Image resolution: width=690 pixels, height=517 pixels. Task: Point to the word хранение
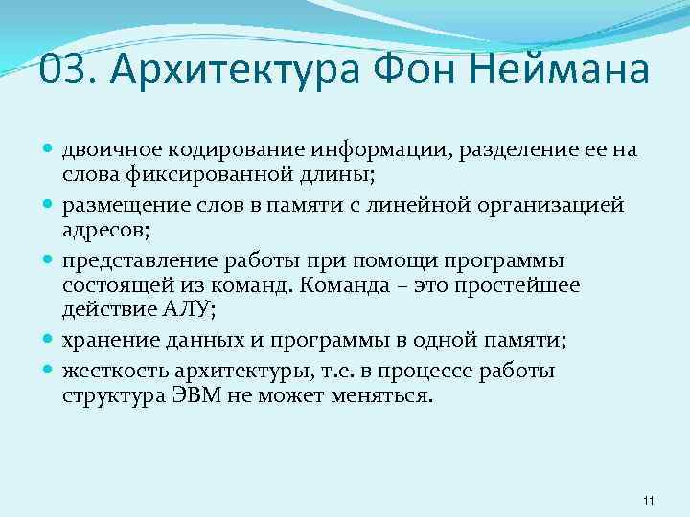click(103, 340)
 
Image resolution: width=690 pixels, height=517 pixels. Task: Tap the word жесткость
click(108, 371)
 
